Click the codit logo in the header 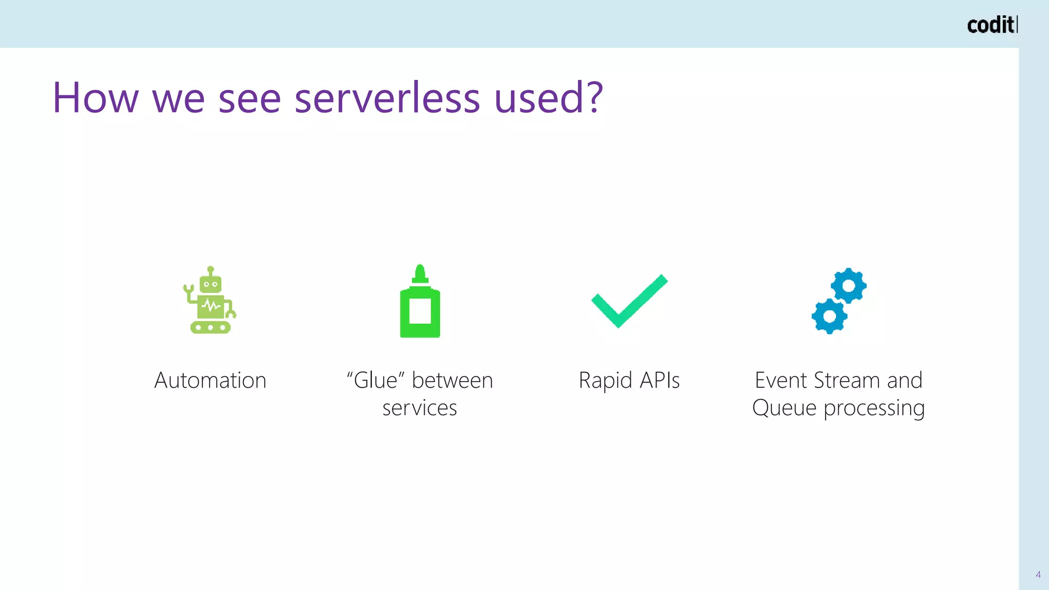[992, 25]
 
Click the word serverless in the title [387, 97]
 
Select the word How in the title [95, 97]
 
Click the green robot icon [210, 301]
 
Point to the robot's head [211, 283]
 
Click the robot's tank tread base [211, 327]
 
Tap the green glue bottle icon [420, 302]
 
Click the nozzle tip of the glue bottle [420, 269]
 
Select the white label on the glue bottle [420, 311]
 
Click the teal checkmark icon [629, 301]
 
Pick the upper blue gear [849, 285]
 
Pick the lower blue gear [829, 316]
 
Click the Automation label [211, 381]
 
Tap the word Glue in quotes [375, 381]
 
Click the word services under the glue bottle [419, 408]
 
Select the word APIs [660, 381]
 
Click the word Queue [784, 408]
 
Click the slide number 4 [1038, 575]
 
